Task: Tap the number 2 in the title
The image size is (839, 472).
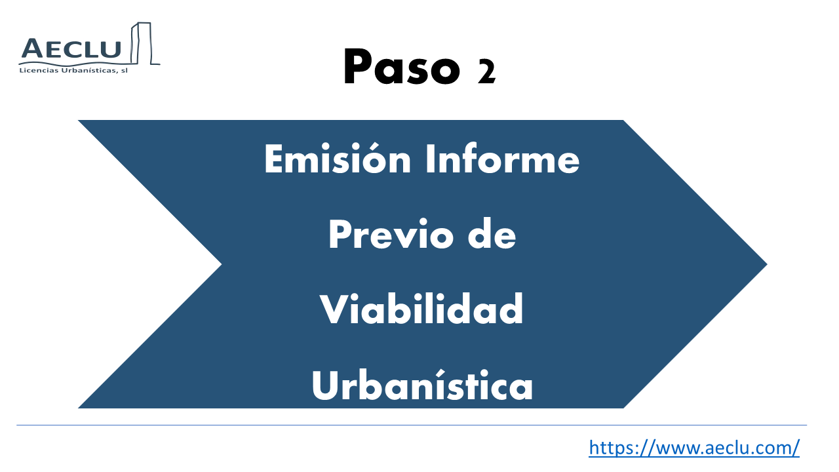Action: point(486,72)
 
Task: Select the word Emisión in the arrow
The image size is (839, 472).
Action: point(338,159)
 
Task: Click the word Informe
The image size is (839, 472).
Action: point(503,159)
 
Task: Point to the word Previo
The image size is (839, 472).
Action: point(391,235)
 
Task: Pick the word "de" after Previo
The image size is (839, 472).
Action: point(492,234)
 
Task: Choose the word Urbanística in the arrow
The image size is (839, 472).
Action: point(421,385)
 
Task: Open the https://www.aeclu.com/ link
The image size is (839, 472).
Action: point(694,448)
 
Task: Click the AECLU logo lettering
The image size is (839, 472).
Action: point(71,49)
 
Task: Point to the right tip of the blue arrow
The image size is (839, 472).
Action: point(767,264)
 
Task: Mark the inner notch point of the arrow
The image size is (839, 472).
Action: point(222,264)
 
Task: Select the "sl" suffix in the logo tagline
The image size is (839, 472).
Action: point(125,70)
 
